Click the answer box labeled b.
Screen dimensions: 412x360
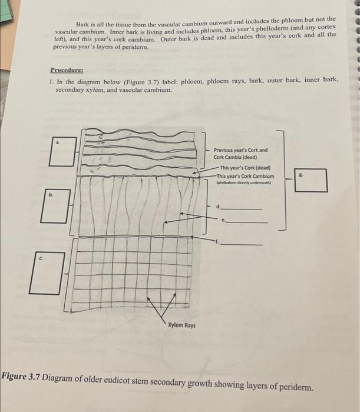coord(54,205)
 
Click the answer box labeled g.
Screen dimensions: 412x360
coord(312,180)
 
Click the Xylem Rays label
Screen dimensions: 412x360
coord(181,325)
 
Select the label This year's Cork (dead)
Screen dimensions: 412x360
coord(244,167)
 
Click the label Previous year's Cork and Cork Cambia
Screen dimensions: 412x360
coord(240,154)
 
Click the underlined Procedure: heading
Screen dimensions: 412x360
coord(67,69)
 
